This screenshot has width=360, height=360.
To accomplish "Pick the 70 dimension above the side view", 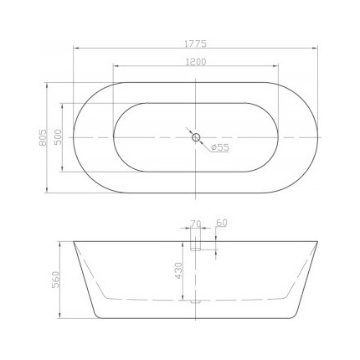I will pos(197,223).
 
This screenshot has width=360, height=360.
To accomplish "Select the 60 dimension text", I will pos(221,223).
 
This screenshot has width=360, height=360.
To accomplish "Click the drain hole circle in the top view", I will pos(196,136).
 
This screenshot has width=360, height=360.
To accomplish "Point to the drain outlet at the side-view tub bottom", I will pos(196,301).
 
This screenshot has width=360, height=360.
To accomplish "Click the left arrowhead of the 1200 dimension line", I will pos(114,68).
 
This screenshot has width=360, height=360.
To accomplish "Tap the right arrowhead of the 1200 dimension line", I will pos(280,68).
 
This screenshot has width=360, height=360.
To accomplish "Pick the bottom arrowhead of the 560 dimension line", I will pos(60,320).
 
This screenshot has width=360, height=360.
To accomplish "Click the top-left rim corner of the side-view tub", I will pos(74,242).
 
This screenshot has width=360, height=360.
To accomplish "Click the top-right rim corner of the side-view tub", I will pos(320,242).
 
